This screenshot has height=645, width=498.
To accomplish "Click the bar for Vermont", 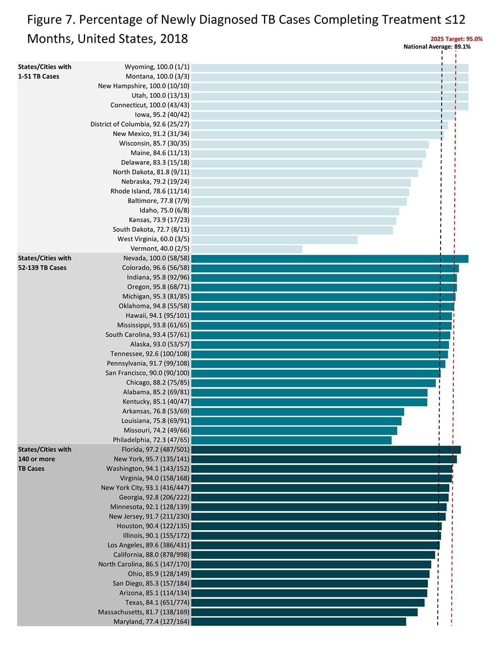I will [247, 249].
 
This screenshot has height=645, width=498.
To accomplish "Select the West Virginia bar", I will [274, 239].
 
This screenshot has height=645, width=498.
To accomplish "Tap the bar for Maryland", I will [299, 622].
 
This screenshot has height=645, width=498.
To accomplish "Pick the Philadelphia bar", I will [291, 440].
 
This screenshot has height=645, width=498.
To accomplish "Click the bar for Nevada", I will [330, 259].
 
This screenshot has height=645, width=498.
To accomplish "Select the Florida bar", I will [326, 450].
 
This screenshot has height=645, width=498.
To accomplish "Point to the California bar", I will [313, 555].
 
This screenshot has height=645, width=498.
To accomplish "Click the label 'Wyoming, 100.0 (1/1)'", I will [157, 67].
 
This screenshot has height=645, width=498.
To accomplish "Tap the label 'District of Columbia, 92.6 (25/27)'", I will [140, 125].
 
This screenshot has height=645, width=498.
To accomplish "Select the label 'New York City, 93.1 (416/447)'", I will [145, 488].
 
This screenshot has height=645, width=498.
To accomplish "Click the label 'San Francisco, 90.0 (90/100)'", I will [147, 373].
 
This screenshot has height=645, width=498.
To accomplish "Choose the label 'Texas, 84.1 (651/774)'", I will [157, 603].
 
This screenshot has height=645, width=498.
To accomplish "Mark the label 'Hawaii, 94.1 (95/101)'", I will [157, 316].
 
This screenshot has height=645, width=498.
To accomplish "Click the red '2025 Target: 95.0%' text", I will [456, 39].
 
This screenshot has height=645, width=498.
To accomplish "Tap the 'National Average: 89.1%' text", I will [437, 47].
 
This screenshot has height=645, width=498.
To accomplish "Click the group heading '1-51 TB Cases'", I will [38, 76].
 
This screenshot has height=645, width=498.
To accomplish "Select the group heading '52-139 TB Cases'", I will [42, 268].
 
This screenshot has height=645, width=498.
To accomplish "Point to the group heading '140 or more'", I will [36, 459].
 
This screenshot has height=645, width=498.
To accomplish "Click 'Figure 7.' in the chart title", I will [51, 20].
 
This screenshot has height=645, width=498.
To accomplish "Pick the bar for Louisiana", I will [296, 421].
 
